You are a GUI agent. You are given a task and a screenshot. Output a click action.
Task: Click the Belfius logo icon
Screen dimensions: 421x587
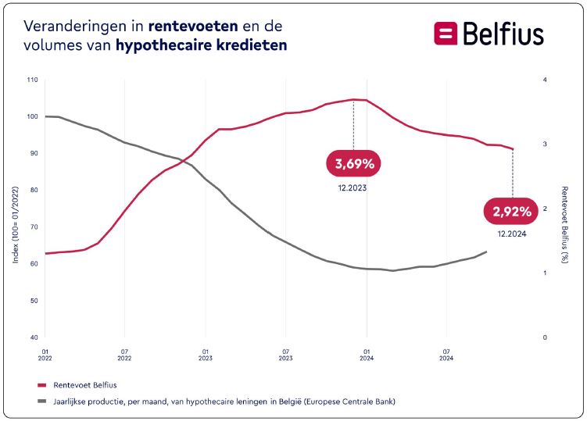446,34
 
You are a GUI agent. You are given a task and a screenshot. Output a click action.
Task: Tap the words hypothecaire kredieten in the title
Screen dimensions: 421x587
201,45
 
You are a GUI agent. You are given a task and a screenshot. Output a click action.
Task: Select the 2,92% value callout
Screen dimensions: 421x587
513,211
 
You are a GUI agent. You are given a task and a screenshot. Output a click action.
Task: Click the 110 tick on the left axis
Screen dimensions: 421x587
32,80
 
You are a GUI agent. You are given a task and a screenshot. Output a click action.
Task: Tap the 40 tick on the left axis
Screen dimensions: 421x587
34,337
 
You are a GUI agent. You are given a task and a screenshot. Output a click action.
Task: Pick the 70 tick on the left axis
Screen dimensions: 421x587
34,227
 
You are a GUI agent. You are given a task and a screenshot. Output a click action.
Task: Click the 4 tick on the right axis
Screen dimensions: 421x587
544,80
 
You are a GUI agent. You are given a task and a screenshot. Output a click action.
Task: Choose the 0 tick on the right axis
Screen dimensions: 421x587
544,337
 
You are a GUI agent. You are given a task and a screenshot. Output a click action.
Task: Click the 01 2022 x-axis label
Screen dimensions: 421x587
45,356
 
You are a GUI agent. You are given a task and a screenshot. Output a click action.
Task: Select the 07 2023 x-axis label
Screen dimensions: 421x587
286,356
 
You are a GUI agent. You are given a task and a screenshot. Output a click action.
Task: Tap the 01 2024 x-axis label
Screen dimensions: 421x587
367,356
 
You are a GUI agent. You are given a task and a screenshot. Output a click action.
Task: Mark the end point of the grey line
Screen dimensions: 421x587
487,252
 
